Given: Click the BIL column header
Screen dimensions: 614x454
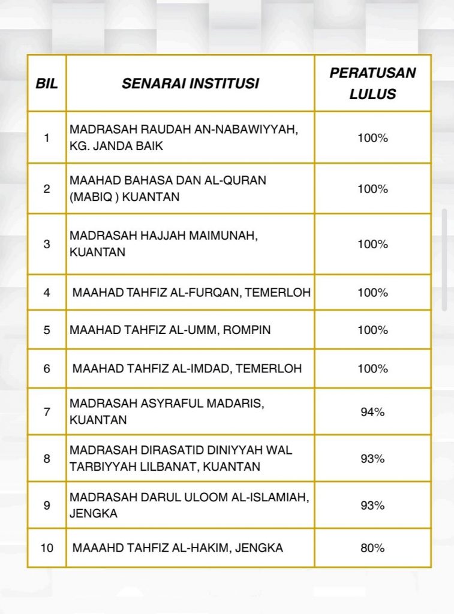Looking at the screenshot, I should (x=47, y=83).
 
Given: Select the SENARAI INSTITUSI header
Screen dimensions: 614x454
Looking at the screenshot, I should (x=190, y=83).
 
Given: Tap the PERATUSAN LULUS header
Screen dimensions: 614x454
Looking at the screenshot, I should (x=372, y=83).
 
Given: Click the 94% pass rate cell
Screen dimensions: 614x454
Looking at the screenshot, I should (x=372, y=412).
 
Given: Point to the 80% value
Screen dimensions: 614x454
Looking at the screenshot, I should (x=372, y=547).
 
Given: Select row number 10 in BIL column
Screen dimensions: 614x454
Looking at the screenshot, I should (x=47, y=547).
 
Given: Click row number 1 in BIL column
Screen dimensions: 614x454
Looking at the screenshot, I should (x=47, y=137).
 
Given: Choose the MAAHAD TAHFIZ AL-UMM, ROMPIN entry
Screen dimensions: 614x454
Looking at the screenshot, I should (x=170, y=330).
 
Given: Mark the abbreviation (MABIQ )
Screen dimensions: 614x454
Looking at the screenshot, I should (x=94, y=197).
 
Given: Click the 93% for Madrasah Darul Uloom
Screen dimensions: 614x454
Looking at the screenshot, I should (x=372, y=505).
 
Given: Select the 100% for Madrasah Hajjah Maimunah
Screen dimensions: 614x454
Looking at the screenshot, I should (x=372, y=244).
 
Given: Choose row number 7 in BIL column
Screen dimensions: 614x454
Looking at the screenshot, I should (x=47, y=412).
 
